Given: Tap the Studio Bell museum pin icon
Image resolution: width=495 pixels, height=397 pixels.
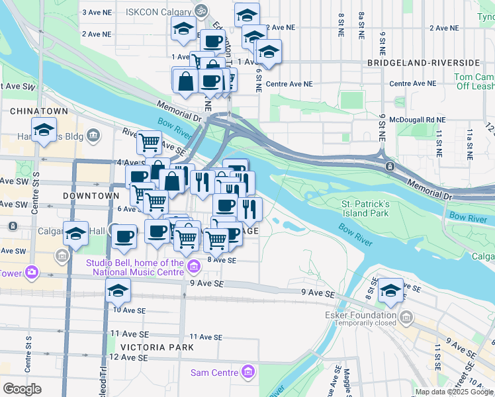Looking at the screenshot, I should [194, 267].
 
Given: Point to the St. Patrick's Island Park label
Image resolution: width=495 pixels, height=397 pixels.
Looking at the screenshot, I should [365, 209].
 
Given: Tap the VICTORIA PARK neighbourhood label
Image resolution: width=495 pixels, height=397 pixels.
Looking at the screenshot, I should [157, 347].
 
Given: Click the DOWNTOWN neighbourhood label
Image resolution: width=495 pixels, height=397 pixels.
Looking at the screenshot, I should [91, 196].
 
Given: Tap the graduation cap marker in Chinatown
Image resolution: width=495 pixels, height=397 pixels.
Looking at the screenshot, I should [44, 130].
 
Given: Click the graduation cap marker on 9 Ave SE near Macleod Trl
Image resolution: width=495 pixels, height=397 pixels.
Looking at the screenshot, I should [118, 289].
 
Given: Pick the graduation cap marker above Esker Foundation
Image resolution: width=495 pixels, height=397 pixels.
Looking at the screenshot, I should [391, 290].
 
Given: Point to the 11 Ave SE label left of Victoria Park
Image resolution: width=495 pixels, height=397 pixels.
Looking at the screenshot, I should [128, 333].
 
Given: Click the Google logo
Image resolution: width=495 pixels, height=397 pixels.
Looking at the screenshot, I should [22, 389].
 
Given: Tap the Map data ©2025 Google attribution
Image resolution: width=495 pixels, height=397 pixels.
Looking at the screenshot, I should [454, 392].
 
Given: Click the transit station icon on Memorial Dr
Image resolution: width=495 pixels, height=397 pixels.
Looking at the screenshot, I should [390, 166].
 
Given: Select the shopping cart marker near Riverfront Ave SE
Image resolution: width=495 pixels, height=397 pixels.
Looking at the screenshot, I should [150, 141].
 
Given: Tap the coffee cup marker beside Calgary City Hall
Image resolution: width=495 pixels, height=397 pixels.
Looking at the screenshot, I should [124, 236].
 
